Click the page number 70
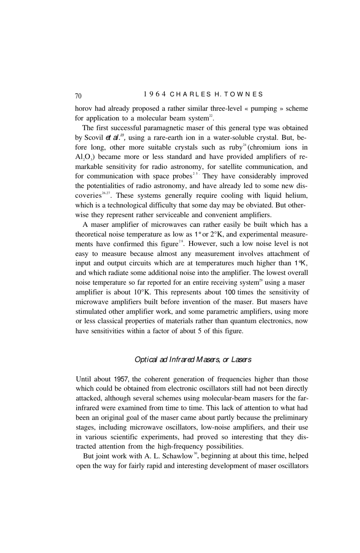(78, 95)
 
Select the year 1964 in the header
(153, 94)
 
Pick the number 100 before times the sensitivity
(231, 292)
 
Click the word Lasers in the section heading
(241, 359)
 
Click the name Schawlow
(177, 456)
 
